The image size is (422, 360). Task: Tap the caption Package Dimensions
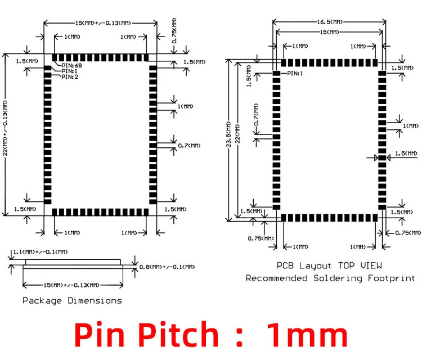coord(72,300)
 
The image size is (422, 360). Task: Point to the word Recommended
coord(277,278)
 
